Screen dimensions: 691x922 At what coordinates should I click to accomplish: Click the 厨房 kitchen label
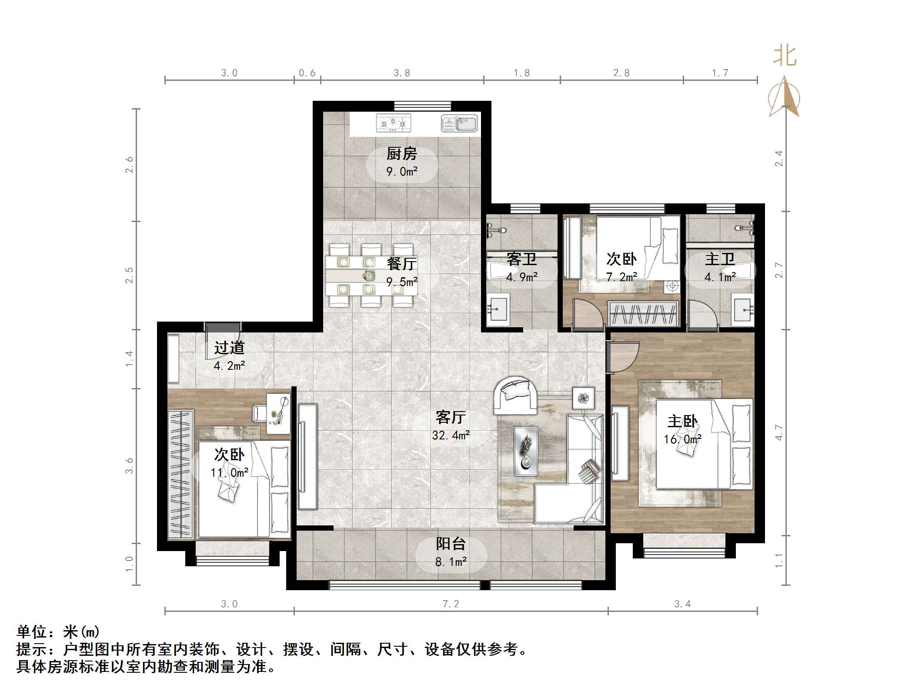point(401,154)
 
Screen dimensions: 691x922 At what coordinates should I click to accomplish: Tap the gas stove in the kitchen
point(393,123)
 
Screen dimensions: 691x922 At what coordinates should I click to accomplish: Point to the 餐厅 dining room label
point(401,264)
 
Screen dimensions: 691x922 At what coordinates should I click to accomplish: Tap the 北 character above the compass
point(785,56)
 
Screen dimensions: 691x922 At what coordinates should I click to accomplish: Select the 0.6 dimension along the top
point(307,73)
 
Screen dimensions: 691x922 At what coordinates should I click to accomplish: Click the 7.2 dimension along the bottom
point(451,604)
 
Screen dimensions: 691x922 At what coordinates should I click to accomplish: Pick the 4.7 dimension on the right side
point(779,432)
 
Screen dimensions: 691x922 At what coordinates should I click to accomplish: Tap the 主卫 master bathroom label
point(720,259)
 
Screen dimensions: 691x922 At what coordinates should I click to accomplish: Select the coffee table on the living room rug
point(526,451)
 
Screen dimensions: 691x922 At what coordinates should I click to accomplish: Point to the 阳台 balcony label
point(451,544)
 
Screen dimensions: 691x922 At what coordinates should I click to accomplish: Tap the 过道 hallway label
point(229,348)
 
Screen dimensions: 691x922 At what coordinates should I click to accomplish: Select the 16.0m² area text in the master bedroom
point(682,439)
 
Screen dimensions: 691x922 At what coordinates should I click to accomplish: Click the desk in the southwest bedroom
point(278,413)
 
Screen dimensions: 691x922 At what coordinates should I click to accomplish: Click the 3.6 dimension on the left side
point(129,465)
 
